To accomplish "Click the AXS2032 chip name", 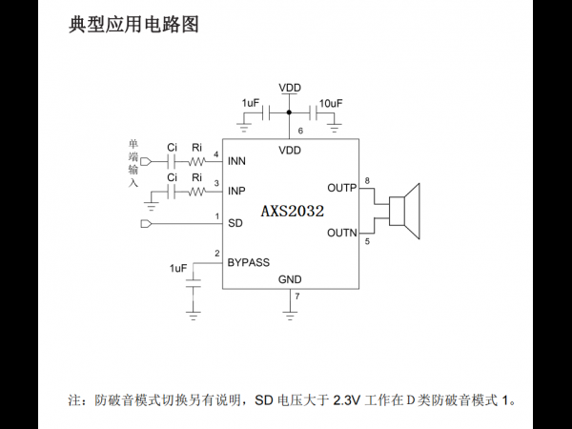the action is click(293, 211).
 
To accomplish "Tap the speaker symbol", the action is click(404, 212).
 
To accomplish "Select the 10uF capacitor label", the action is click(331, 104).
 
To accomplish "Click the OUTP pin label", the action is click(342, 188).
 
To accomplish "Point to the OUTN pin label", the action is click(342, 233).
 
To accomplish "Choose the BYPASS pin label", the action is click(249, 262).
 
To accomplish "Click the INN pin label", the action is click(236, 161).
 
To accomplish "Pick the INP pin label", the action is click(236, 191).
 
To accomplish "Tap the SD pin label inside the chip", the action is click(235, 223).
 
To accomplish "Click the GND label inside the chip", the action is click(290, 279).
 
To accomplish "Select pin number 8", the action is click(367, 180).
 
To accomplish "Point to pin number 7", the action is click(297, 296).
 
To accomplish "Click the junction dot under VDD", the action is click(289, 112).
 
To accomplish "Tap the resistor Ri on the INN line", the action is click(197, 161).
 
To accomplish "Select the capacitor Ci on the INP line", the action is click(172, 192).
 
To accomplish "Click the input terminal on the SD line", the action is click(146, 223).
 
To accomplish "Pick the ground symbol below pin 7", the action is click(290, 316).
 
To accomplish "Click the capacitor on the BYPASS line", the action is click(193, 283).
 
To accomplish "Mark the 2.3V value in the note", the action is click(347, 400).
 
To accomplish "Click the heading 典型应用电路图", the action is click(133, 25).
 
